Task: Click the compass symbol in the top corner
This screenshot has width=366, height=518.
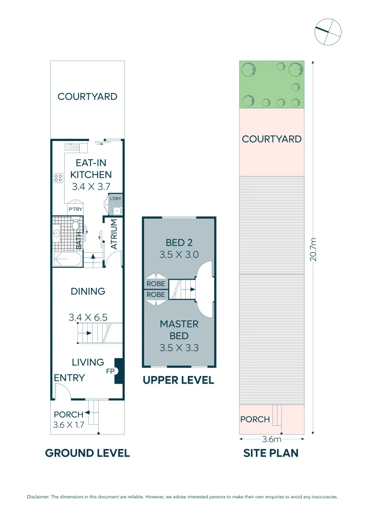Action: (x=328, y=32)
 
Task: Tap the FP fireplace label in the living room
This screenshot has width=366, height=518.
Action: (x=109, y=371)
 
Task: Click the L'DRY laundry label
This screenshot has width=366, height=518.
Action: (x=115, y=198)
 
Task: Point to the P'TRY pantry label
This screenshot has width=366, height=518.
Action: (x=75, y=209)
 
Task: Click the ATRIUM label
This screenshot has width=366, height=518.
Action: (x=114, y=235)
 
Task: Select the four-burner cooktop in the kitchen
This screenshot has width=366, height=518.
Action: (x=58, y=178)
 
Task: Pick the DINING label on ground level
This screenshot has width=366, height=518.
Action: (x=88, y=291)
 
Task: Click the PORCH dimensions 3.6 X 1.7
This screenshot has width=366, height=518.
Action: (x=69, y=424)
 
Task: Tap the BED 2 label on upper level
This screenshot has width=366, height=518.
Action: (x=179, y=243)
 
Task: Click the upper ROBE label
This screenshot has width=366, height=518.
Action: (x=155, y=283)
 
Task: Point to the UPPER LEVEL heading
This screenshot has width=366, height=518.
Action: (x=178, y=380)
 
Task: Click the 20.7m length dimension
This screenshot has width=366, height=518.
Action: (x=313, y=249)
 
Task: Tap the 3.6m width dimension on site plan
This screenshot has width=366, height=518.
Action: (x=271, y=439)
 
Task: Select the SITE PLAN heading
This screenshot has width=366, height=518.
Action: (x=271, y=453)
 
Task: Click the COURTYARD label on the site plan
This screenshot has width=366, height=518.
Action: (x=272, y=139)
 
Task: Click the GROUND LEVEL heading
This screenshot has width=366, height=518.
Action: (x=87, y=453)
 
